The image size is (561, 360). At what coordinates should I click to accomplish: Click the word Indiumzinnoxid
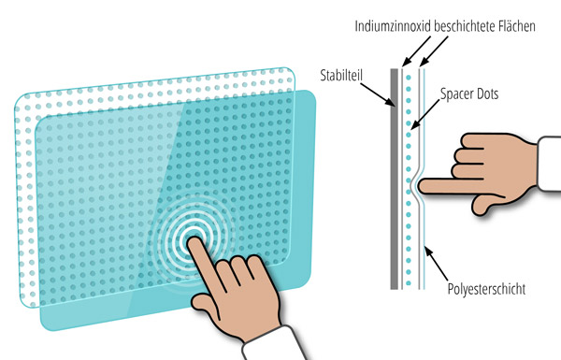click(x=393, y=26)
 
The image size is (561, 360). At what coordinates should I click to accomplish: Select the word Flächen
click(x=516, y=26)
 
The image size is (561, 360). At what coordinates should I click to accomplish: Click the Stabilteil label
click(x=341, y=76)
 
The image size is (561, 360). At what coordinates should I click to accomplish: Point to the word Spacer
click(x=455, y=94)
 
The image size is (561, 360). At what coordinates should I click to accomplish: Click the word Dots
click(x=486, y=94)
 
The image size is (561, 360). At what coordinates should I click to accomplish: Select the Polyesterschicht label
click(x=486, y=289)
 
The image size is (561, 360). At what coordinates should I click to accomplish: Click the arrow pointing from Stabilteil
click(x=378, y=94)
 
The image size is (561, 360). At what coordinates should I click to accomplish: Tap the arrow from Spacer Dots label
click(x=425, y=114)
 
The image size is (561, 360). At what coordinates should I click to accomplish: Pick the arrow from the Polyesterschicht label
click(x=436, y=264)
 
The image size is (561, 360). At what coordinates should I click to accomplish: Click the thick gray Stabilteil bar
click(x=394, y=179)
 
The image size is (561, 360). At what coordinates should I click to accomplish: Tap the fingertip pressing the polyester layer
click(x=421, y=186)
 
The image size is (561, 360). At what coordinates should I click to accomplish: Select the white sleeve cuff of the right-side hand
click(x=549, y=164)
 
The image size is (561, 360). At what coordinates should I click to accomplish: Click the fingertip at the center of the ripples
click(x=193, y=242)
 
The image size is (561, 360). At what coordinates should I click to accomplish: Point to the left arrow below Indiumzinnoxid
click(x=416, y=51)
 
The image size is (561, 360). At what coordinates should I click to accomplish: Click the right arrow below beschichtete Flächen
click(x=433, y=51)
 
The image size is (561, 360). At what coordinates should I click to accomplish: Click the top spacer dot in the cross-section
click(x=409, y=77)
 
